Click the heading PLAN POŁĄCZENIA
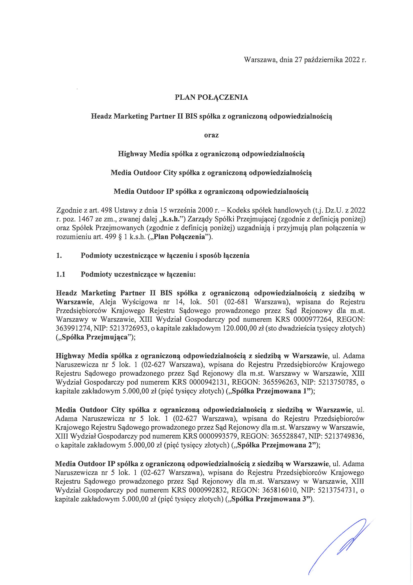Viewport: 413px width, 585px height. pos(211,98)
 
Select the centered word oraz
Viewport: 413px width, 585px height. pos(211,135)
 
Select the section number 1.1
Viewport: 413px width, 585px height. pos(60,274)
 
